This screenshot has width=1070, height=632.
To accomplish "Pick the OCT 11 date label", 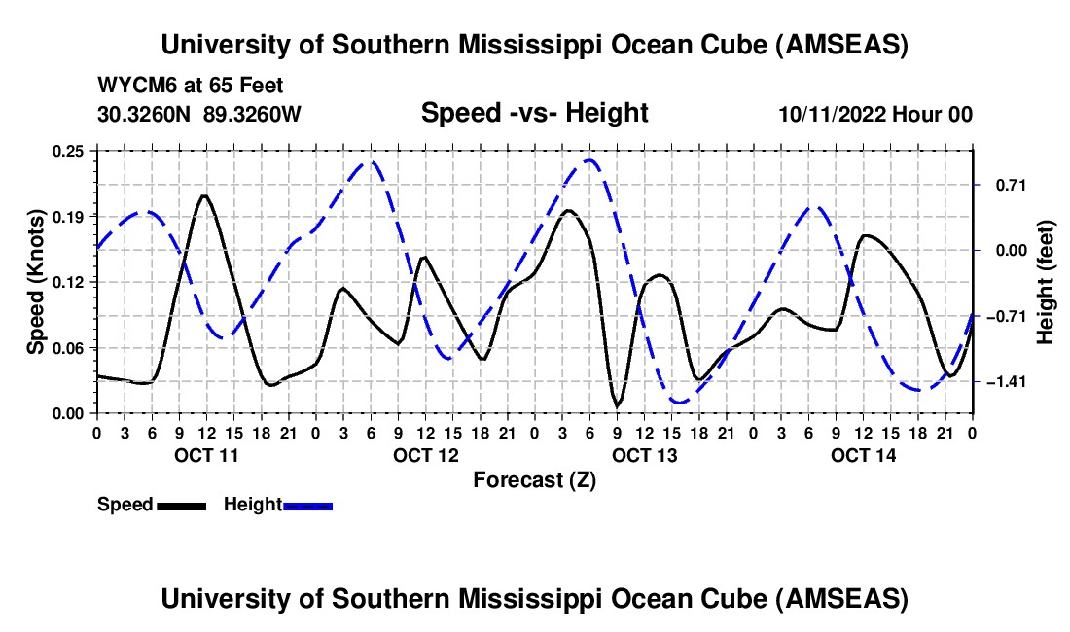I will click(205, 455).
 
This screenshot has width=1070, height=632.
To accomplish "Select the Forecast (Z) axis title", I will click(534, 479).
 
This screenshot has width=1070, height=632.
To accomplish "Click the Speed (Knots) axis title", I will click(35, 282).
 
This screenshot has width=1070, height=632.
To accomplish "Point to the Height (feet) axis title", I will click(1046, 282).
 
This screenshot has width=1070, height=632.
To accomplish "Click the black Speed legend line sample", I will click(180, 506).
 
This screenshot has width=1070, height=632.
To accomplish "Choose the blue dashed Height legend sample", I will click(307, 506).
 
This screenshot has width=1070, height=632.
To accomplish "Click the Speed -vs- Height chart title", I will click(534, 114).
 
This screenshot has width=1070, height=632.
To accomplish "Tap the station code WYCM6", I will click(132, 87).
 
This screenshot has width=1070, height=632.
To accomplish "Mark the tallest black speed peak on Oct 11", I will click(204, 196).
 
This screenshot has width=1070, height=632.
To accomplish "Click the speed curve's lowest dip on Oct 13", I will click(617, 405).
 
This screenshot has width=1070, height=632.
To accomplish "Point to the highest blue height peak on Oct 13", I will click(588, 160).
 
